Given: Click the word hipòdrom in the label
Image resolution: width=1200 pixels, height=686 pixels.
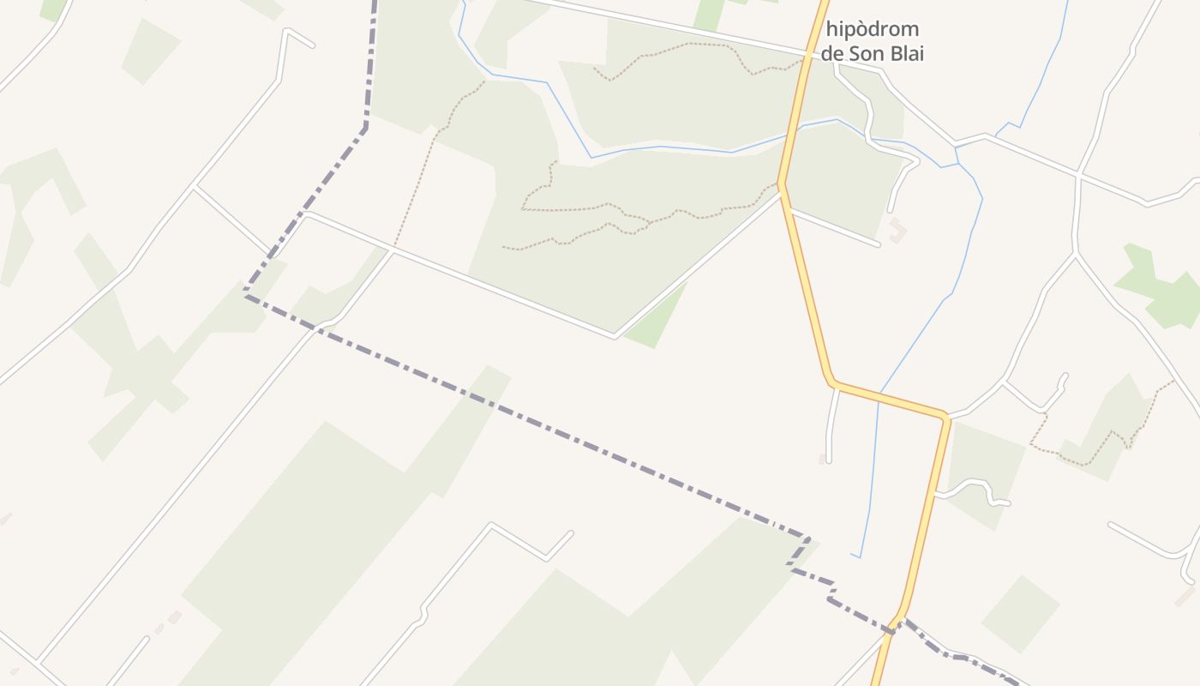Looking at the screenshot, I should [873, 30].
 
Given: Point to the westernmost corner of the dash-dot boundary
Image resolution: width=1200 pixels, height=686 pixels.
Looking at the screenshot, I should [245, 295].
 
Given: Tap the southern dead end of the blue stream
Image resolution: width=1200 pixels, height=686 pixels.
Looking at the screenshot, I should [853, 555].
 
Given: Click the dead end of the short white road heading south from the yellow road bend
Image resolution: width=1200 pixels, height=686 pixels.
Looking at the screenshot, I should [828, 461].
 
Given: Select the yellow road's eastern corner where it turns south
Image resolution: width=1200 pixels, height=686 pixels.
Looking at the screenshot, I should [946, 418].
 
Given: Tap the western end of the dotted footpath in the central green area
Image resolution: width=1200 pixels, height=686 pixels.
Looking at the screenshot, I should [504, 248].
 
